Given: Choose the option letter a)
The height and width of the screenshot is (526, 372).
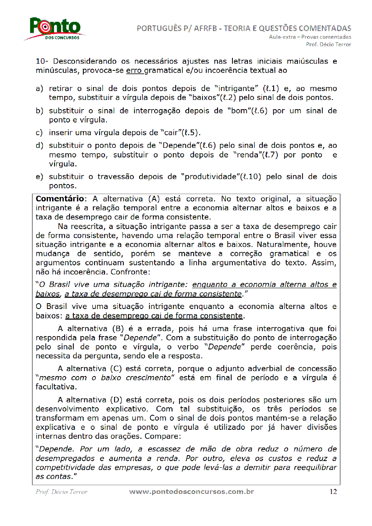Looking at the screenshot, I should click(x=40, y=89).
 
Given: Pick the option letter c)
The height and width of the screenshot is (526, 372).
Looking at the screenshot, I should click(x=40, y=133).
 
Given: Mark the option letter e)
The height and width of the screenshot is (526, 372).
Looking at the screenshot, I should click(x=40, y=177).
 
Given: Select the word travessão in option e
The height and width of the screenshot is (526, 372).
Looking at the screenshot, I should click(x=116, y=177).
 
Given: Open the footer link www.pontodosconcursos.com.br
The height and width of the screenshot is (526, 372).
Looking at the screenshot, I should click(x=192, y=491).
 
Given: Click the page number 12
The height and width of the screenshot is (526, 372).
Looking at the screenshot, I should click(x=333, y=491).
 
